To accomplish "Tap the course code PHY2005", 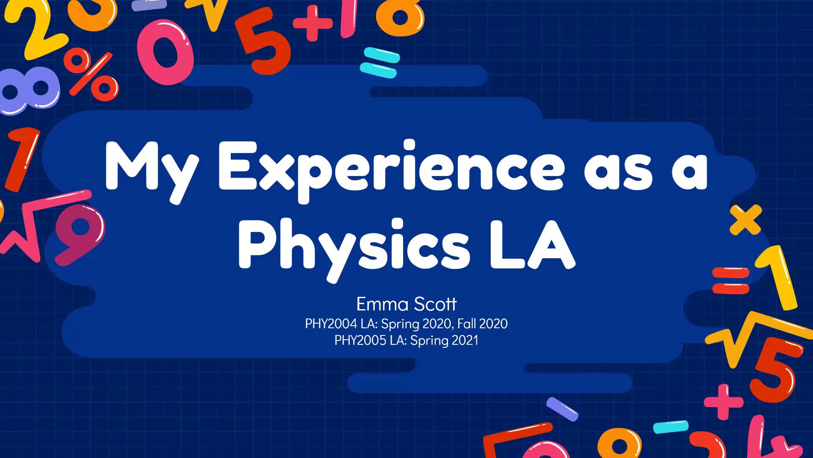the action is (x=360, y=341).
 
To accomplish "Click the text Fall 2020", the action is (x=482, y=324).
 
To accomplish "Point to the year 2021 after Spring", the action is (x=465, y=341).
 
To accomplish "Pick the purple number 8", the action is (x=29, y=90).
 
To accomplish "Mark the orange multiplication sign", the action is (x=746, y=220).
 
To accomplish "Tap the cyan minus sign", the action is (x=671, y=427).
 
